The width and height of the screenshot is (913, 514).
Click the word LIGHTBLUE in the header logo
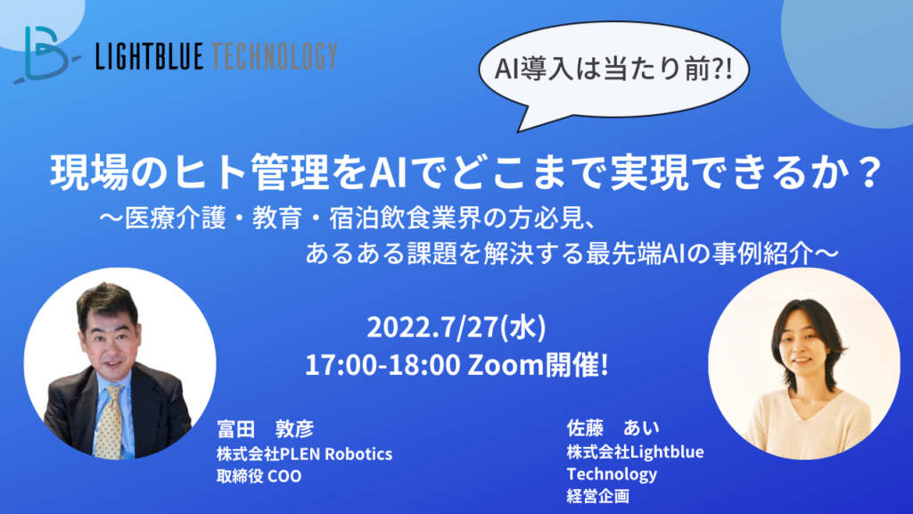[x=150, y=56]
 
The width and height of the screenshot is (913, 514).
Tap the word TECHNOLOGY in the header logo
[x=275, y=56]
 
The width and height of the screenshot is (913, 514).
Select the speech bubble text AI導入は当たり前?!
[x=613, y=69]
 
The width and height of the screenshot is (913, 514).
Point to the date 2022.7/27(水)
[x=456, y=327]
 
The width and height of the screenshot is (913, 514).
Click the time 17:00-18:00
[x=382, y=365]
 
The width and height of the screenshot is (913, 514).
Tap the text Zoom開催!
[x=538, y=365]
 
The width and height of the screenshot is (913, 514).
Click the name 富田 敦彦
[x=266, y=428]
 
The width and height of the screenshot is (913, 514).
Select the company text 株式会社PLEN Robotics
[x=305, y=453]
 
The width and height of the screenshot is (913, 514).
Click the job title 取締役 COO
[x=259, y=477]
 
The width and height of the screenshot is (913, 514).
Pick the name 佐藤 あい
[x=613, y=427]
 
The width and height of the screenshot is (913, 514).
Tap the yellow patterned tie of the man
[x=110, y=421]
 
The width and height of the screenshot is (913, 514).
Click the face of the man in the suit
[x=110, y=343]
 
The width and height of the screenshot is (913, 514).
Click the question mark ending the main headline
[x=870, y=172]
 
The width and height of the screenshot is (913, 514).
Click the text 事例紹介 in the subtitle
[x=762, y=253]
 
